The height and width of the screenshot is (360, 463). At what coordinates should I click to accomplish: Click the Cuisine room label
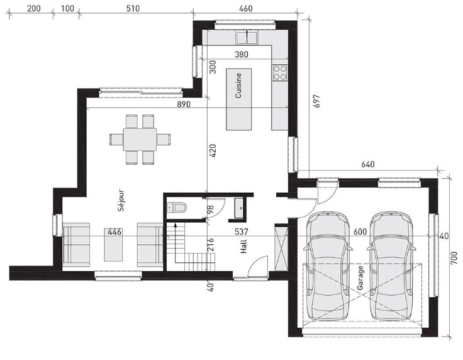(x=238, y=86)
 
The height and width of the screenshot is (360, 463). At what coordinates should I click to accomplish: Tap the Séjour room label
(x=121, y=200)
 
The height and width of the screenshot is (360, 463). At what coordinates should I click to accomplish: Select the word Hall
(x=243, y=246)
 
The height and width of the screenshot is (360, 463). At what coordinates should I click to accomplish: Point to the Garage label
(x=360, y=278)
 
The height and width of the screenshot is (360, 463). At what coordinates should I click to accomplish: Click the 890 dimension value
(x=183, y=104)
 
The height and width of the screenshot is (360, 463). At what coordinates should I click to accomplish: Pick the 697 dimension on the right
(x=316, y=101)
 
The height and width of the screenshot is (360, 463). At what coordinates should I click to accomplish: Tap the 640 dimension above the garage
(x=368, y=164)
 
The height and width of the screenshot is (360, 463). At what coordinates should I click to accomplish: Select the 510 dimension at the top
(x=133, y=8)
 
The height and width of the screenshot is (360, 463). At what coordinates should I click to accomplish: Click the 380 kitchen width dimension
(x=242, y=54)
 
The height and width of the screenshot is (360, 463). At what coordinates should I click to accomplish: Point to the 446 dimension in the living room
(x=114, y=232)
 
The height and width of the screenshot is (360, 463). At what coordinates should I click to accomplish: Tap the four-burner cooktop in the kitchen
(x=280, y=72)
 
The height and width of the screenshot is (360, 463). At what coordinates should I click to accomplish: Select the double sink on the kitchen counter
(x=246, y=38)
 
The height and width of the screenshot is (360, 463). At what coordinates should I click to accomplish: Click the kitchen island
(x=239, y=99)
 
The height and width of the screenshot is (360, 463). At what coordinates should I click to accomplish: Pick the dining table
(x=140, y=139)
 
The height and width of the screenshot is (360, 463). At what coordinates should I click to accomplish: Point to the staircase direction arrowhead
(x=176, y=225)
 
